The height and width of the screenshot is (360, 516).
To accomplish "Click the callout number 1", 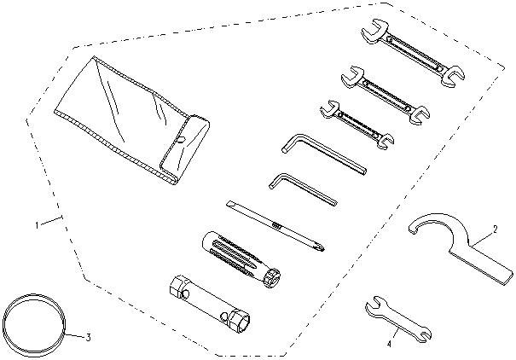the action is (x=38, y=225).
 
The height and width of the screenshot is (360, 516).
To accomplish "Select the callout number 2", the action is (x=495, y=229).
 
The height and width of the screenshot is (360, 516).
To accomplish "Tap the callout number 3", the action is (x=88, y=337).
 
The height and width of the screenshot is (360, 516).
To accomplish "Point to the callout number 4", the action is (x=389, y=344).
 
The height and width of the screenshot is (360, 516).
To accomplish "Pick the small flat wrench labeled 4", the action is (x=397, y=320).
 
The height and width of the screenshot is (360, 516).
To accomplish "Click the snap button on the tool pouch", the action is (x=180, y=141).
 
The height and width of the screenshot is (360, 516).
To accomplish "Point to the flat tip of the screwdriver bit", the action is (x=230, y=205).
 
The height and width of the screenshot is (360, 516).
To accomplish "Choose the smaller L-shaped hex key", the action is (x=303, y=190).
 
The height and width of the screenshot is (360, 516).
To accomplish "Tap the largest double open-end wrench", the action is (x=413, y=52).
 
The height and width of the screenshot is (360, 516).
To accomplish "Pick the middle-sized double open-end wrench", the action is (x=386, y=95).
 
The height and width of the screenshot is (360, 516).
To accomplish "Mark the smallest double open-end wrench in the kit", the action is (x=357, y=124).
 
